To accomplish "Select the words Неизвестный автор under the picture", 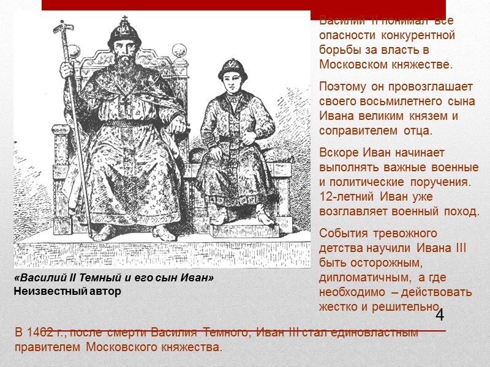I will coord(67,291).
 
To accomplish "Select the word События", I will coord(342,233).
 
